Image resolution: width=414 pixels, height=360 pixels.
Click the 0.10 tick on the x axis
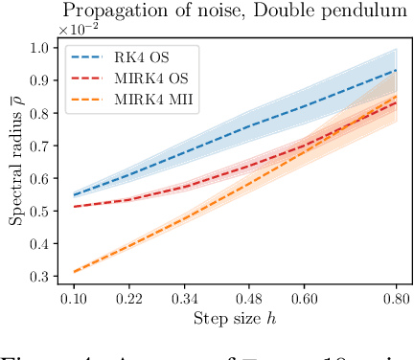tap(74, 299)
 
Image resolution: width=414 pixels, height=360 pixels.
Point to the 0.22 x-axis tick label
tap(129, 299)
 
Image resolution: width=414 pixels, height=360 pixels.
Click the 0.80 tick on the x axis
tap(397, 299)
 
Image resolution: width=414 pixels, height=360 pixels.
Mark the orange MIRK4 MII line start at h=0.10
tap(74, 272)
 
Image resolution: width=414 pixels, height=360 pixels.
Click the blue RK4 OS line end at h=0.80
tap(397, 70)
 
